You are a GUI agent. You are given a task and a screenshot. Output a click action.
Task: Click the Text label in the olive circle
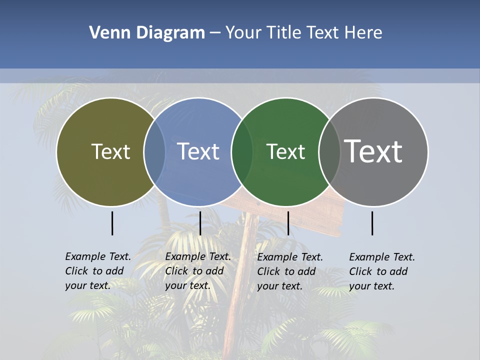pyautogui.click(x=110, y=151)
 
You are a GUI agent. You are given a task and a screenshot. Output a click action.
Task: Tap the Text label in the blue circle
pyautogui.click(x=198, y=151)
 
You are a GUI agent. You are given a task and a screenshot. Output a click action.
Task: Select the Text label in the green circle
pyautogui.click(x=285, y=151)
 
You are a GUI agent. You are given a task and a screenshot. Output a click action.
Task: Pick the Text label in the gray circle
pyautogui.click(x=373, y=151)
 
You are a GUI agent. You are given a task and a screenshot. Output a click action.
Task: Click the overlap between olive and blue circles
pyautogui.click(x=154, y=151)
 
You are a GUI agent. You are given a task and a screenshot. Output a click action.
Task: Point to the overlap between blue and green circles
pyautogui.click(x=242, y=151)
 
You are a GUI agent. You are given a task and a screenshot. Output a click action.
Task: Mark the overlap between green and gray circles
pyautogui.click(x=329, y=151)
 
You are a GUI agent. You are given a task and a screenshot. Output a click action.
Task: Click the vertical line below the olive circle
pyautogui.click(x=112, y=223)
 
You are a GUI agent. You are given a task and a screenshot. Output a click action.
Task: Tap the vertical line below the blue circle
pyautogui.click(x=200, y=223)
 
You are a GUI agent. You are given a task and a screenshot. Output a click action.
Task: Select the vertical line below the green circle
pyautogui.click(x=288, y=223)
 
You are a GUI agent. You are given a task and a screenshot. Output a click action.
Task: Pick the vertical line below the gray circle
pyautogui.click(x=372, y=223)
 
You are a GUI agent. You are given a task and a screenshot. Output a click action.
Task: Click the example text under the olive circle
pyautogui.click(x=97, y=271)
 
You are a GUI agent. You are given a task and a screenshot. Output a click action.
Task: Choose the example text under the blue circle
pyautogui.click(x=197, y=271)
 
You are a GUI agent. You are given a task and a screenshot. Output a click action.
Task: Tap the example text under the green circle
pyautogui.click(x=289, y=271)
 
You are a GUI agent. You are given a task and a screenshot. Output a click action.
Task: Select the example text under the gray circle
pyautogui.click(x=381, y=271)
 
